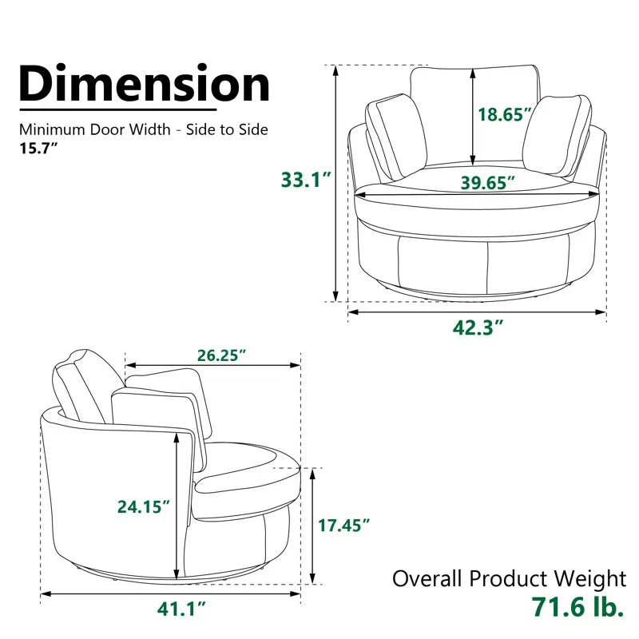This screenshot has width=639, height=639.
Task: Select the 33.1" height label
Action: coord(305,180)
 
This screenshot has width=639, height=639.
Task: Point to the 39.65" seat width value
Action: coord(487,183)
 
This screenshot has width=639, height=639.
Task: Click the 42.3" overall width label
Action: coord(477,327)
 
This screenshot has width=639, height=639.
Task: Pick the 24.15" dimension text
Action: coord(141,506)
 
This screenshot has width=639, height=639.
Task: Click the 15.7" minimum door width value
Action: coord(40,148)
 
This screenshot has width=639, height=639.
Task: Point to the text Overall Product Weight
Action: coord(509,578)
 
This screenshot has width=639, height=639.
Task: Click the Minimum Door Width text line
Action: coord(144,129)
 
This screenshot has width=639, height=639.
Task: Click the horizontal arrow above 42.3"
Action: coord(477,312)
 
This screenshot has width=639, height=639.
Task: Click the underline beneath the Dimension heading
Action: coord(117,109)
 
